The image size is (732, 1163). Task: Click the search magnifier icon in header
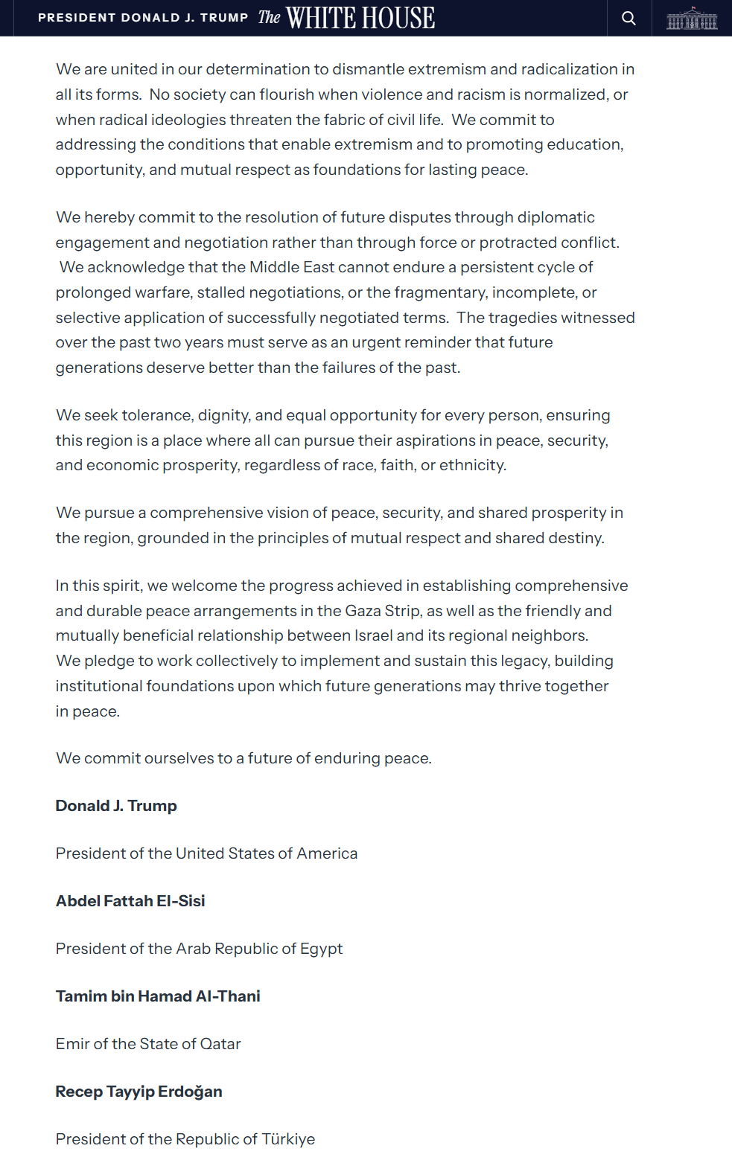[629, 18]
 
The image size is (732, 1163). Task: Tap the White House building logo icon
[692, 19]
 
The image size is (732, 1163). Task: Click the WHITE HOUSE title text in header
[360, 18]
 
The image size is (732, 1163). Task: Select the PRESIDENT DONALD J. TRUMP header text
[143, 18]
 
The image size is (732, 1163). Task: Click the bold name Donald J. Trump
[116, 806]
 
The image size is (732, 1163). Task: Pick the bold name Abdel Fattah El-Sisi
[130, 901]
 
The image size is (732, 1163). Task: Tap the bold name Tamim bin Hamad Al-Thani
[158, 996]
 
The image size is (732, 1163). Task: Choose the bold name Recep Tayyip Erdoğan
[139, 1092]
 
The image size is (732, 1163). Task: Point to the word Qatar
[220, 1044]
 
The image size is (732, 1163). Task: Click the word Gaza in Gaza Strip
[363, 611]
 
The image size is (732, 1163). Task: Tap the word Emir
[72, 1044]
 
